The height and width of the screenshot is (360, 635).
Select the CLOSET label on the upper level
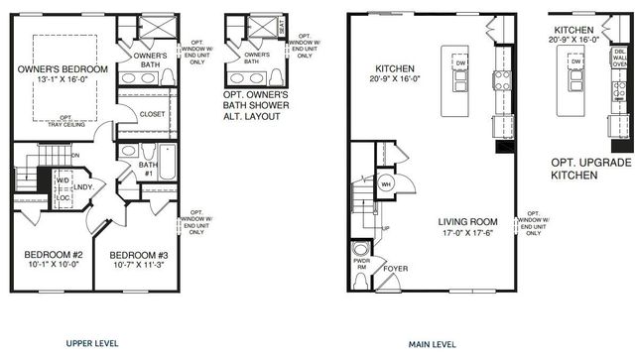pyautogui.click(x=152, y=114)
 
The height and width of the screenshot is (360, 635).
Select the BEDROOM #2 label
pyautogui.click(x=51, y=254)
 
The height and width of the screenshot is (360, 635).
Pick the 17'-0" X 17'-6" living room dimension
pyautogui.click(x=473, y=234)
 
